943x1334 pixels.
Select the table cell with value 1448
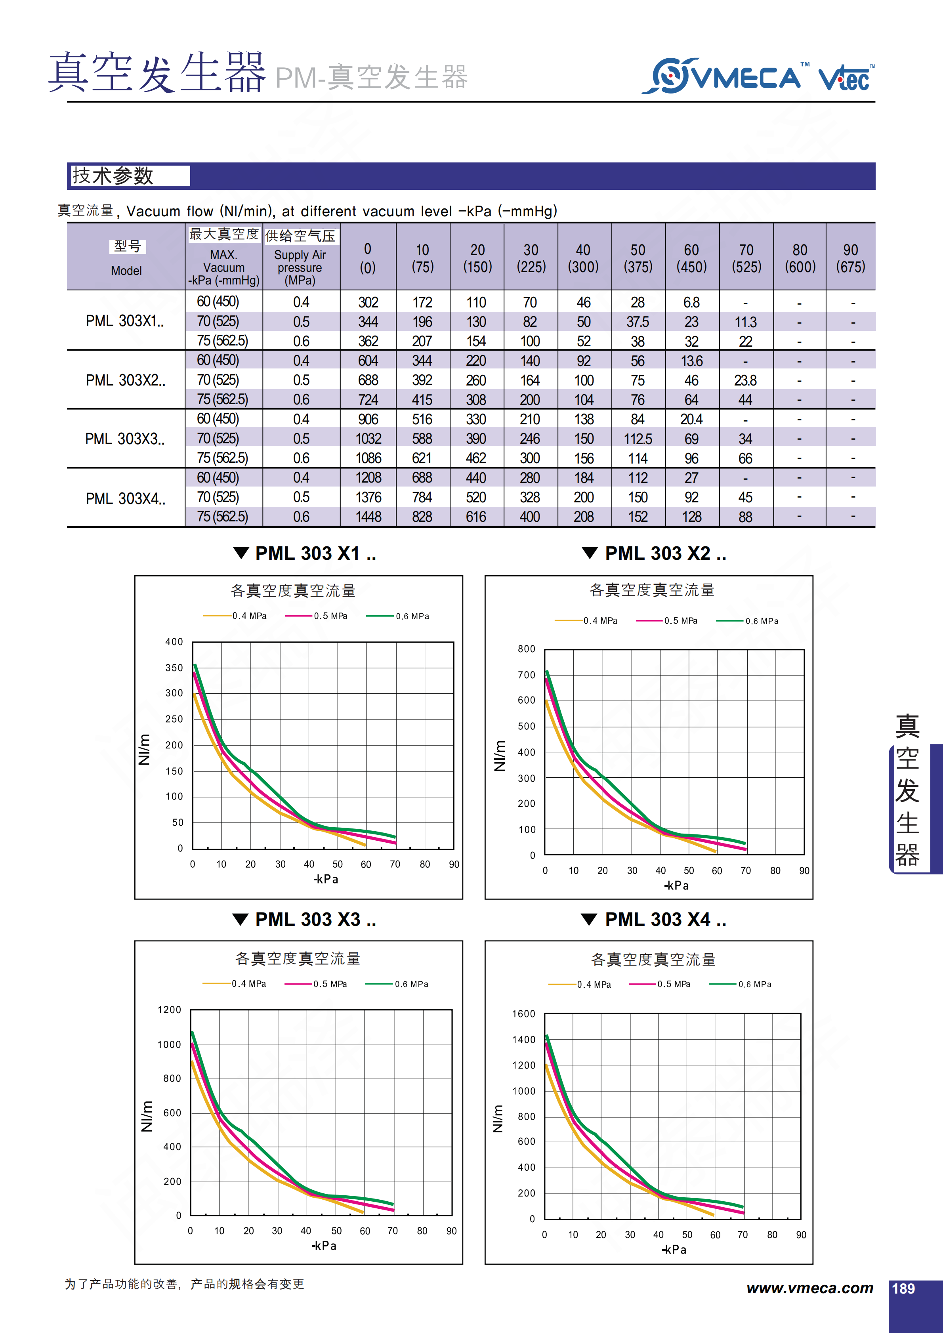tap(368, 517)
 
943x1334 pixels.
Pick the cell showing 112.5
tap(638, 439)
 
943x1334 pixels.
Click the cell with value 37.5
tap(638, 322)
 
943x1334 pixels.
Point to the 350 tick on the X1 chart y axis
tap(174, 668)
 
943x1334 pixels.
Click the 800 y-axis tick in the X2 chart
tap(527, 649)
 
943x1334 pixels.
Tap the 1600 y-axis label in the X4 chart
tap(523, 1014)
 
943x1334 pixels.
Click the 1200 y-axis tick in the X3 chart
tap(169, 1010)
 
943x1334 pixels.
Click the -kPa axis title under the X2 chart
tap(676, 886)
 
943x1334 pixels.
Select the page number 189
tap(903, 1289)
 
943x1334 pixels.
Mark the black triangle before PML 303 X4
tap(589, 919)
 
